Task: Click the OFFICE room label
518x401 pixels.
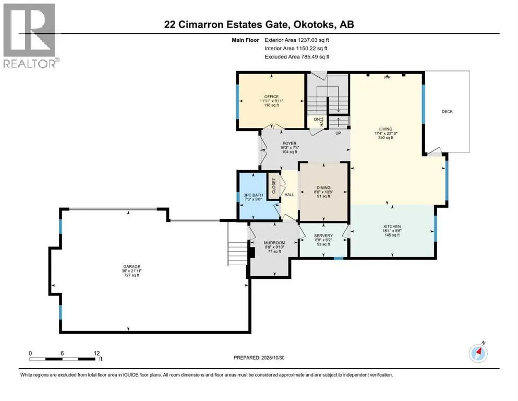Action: pyautogui.click(x=271, y=97)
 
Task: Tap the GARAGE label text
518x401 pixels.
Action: pyautogui.click(x=128, y=266)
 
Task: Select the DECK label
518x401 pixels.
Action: pyautogui.click(x=447, y=111)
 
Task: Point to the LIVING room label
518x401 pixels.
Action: pyautogui.click(x=386, y=129)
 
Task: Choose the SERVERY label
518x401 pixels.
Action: pyautogui.click(x=323, y=235)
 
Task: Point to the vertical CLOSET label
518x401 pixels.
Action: pyautogui.click(x=273, y=186)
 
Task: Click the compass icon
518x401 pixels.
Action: pyautogui.click(x=478, y=353)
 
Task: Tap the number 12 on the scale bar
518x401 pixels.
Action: pyautogui.click(x=97, y=353)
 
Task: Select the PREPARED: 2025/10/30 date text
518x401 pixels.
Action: pyautogui.click(x=259, y=358)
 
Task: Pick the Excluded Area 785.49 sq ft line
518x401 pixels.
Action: pyautogui.click(x=297, y=56)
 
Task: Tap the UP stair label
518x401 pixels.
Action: pyautogui.click(x=338, y=133)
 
